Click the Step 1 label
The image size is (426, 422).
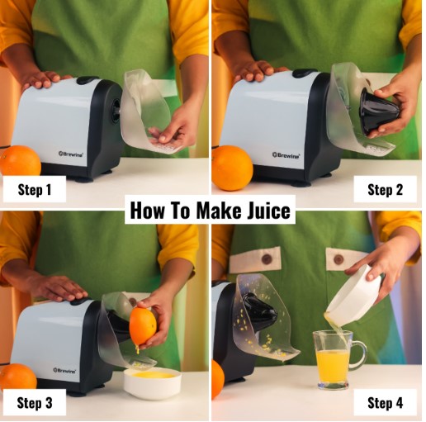[x=35, y=189]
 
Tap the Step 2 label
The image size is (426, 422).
[x=385, y=189]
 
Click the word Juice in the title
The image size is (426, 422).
[x=263, y=211]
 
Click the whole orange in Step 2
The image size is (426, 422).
[x=232, y=168]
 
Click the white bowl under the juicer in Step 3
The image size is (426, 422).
[x=152, y=382]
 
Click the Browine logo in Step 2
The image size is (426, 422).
[x=286, y=154]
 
